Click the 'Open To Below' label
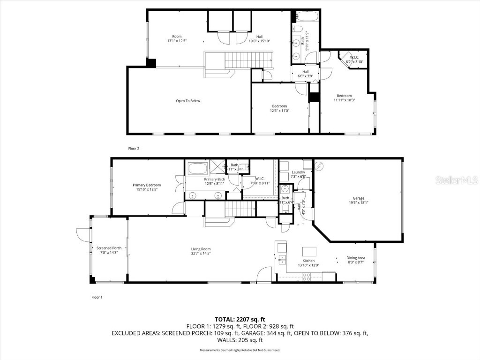click(188, 101)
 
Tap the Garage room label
click(359, 198)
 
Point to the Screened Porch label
click(109, 248)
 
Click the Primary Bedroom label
click(147, 185)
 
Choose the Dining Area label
click(356, 258)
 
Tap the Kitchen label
click(308, 261)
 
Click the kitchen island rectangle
click(309, 251)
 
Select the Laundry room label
click(299, 172)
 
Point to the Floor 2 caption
click(134, 148)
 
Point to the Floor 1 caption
click(97, 297)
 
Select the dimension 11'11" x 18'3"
click(344, 100)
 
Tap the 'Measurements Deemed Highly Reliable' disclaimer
click(240, 350)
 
